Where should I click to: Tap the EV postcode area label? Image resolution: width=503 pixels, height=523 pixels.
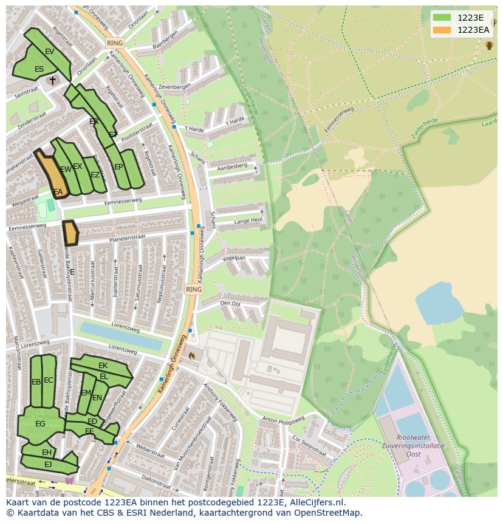50,52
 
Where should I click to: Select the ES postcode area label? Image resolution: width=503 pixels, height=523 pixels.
39,69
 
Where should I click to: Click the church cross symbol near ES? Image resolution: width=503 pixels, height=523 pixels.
53,80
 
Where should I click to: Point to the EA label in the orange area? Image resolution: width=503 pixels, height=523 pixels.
58,192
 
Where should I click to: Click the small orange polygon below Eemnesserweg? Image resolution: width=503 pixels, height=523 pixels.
70,233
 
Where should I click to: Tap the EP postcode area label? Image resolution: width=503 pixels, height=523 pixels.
118,167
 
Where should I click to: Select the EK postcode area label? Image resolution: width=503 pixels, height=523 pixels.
103,366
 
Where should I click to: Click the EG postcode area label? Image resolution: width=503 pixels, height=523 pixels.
40,424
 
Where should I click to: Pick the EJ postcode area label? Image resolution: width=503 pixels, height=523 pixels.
49,465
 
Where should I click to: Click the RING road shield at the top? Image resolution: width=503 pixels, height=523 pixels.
114,43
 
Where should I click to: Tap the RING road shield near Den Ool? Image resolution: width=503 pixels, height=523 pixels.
193,290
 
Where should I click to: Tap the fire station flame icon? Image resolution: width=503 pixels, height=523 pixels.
192,355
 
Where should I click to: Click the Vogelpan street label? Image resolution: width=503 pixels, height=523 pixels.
234,258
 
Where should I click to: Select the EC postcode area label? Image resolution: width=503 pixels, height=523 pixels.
49,380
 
